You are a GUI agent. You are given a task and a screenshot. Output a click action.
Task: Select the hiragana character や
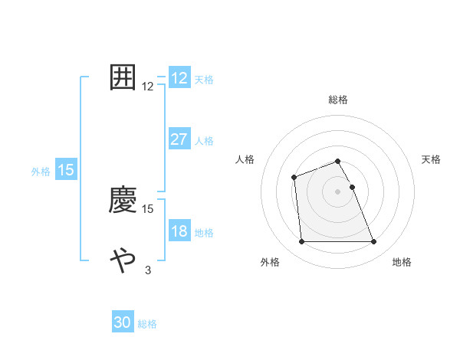coord(123,260)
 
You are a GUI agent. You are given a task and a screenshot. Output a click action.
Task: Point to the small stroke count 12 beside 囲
coord(148,87)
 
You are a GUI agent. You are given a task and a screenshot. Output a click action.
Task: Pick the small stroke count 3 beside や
coord(147,270)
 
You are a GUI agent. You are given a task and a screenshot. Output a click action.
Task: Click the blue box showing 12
coord(179,78)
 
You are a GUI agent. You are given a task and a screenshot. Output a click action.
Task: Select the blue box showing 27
coord(179,139)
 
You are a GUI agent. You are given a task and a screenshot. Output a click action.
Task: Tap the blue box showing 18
coord(179,231)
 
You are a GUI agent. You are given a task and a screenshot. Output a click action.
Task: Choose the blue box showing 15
coord(66,170)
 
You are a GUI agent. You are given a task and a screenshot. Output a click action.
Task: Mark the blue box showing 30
coord(123,323)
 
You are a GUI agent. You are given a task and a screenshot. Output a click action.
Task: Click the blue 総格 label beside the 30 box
coord(148,324)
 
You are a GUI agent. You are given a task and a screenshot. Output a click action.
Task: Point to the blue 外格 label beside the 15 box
coord(41,172)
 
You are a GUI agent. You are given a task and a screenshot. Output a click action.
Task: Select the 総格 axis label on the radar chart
coord(338,100)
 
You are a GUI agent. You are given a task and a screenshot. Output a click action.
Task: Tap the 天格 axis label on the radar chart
coord(432,159)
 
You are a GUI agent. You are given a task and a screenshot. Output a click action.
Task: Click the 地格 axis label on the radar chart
coord(402,263)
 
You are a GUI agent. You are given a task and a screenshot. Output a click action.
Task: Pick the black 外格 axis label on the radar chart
coord(270,263)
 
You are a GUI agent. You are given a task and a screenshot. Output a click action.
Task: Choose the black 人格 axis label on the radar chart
coord(245,159)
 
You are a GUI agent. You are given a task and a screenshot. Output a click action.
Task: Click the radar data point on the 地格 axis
coord(374,242)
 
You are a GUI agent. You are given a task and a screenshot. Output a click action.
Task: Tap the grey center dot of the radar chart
coord(338,191)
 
